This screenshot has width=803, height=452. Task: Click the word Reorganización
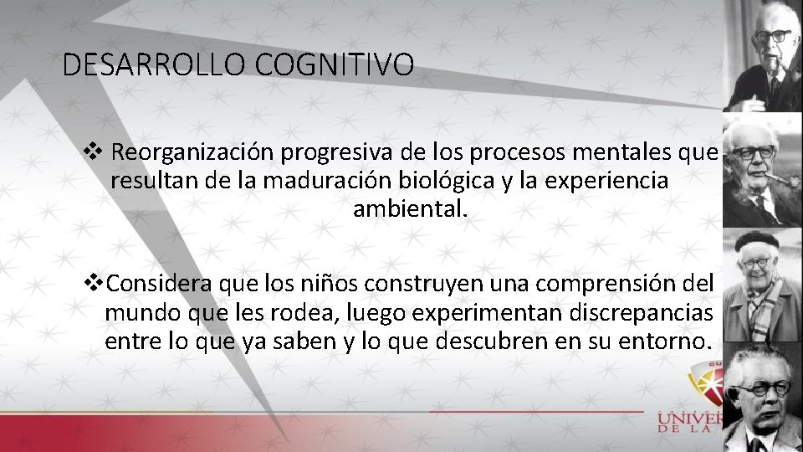(x=193, y=153)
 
